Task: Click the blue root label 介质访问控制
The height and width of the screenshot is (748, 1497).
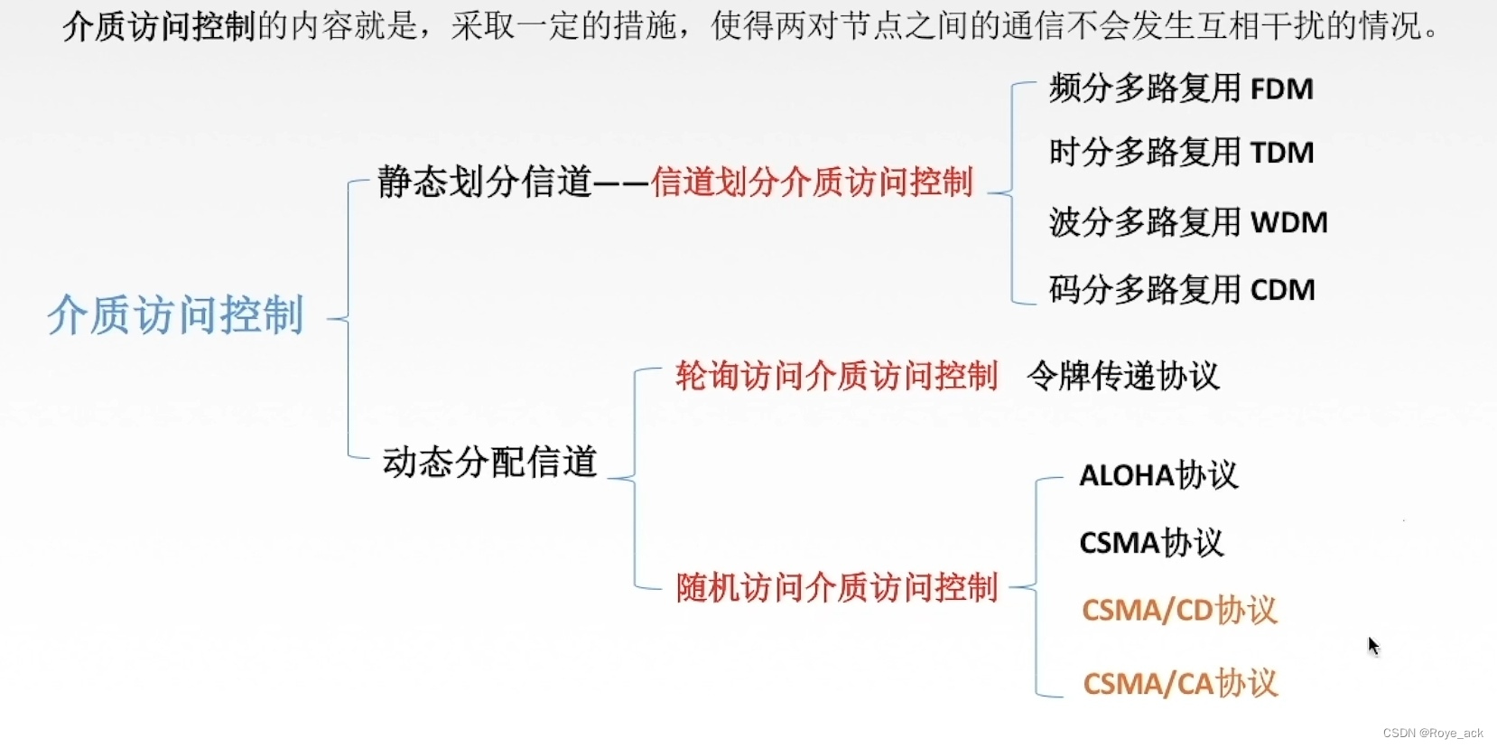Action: click(175, 315)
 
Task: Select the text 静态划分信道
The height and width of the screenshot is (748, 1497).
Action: click(484, 182)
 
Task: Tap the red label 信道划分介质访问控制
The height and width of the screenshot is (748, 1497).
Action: click(812, 182)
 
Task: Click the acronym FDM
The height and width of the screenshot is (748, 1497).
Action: click(1281, 89)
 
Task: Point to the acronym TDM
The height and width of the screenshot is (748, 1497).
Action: click(1281, 153)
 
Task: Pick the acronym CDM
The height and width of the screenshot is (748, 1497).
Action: click(1282, 290)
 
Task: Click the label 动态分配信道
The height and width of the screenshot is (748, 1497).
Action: click(489, 463)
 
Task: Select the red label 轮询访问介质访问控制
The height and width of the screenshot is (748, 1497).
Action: click(836, 376)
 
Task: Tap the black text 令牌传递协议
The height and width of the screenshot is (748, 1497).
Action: click(1123, 376)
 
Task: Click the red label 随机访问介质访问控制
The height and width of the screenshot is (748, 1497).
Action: click(836, 588)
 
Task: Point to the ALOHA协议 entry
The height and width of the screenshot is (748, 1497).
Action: click(1158, 475)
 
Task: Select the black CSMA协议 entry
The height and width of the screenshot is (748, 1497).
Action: click(1151, 543)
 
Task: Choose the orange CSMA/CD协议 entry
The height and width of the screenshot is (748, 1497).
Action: click(1179, 611)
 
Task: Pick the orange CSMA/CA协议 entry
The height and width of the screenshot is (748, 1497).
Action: click(1180, 684)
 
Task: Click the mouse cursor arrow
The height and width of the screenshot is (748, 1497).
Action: click(1372, 644)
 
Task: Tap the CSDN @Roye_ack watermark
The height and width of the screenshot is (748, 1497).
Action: click(1433, 734)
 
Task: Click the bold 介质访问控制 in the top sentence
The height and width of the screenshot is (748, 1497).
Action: click(160, 26)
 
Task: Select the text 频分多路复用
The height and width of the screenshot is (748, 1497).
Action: click(1144, 89)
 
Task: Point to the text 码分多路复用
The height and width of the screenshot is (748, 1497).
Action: click(1144, 290)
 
